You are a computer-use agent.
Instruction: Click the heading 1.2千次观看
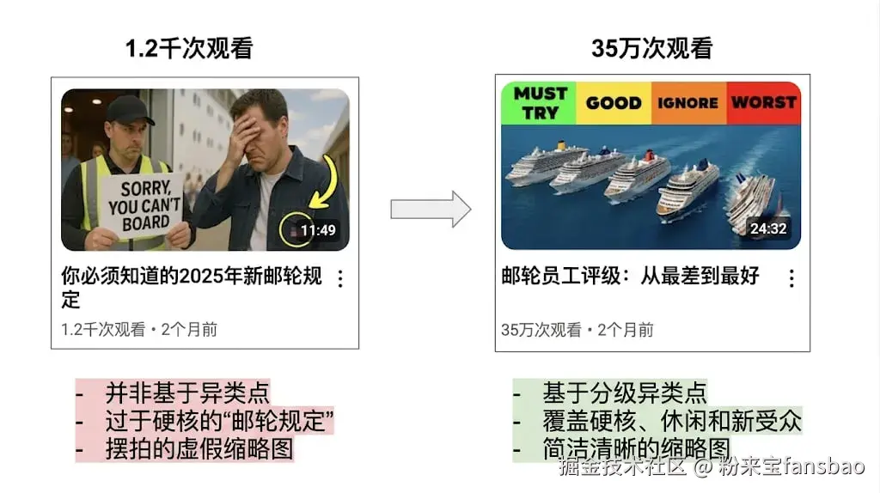[189, 49]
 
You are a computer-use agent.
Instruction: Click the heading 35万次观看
[651, 49]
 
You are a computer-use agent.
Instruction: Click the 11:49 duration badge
[317, 230]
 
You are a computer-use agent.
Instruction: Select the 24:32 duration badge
[767, 228]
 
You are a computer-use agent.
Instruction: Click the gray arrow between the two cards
[431, 209]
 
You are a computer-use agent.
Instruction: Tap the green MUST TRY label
[539, 102]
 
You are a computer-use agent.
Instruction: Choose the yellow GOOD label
[614, 103]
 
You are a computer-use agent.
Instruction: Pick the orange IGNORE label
[687, 103]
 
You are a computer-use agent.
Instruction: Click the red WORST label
[763, 102]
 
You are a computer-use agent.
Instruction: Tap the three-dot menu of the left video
[340, 278]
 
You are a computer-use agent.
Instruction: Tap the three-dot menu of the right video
[791, 278]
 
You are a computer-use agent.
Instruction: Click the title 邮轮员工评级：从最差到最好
[630, 277]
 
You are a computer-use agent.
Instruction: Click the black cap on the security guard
[129, 109]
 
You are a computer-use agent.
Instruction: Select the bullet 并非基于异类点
[187, 393]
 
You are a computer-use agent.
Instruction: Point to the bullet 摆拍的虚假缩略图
[199, 448]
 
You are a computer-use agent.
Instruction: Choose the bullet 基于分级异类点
[624, 393]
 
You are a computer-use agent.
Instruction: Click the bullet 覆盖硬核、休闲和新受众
[671, 421]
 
